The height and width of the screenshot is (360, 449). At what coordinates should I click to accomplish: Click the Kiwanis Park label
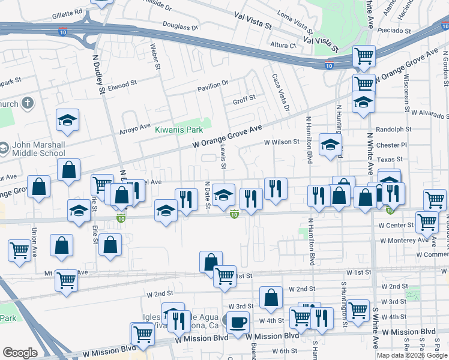click(x=179, y=130)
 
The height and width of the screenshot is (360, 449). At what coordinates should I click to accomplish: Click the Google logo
click(x=20, y=353)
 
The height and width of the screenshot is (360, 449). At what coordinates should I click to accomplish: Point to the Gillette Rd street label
click(x=67, y=12)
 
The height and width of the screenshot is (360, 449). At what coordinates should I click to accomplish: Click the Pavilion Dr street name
click(x=213, y=84)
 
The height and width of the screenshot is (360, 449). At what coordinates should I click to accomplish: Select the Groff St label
click(x=244, y=97)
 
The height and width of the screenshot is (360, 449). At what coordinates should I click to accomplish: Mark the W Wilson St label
click(x=282, y=142)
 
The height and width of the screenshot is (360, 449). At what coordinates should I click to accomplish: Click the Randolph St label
click(x=393, y=129)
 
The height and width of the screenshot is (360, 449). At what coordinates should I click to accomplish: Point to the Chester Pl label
click(x=391, y=145)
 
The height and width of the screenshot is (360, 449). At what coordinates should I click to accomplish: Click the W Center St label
click(x=396, y=226)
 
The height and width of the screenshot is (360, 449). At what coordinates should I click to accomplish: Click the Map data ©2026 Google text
click(x=412, y=355)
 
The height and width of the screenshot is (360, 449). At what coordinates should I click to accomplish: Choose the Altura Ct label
click(x=283, y=45)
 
